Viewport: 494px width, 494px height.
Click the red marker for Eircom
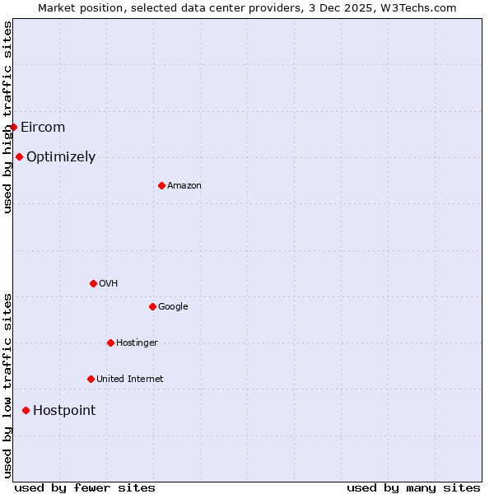(x=13, y=127)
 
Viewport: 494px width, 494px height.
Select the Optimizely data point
(x=19, y=156)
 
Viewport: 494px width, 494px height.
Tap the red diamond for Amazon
(x=161, y=185)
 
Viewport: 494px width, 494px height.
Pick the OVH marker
(x=93, y=283)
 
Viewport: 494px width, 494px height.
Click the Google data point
(x=152, y=306)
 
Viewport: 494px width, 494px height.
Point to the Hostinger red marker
(x=110, y=343)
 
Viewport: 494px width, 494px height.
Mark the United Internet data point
(x=91, y=379)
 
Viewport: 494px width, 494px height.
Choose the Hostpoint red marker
(x=26, y=410)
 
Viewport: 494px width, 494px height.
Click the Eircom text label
(x=43, y=127)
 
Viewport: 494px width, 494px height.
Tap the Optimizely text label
(x=61, y=156)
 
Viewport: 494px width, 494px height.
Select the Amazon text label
(x=184, y=185)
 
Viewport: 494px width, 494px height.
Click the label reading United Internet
(x=130, y=379)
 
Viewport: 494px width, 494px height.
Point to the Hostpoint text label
(x=64, y=410)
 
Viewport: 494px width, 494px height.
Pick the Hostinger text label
(x=137, y=343)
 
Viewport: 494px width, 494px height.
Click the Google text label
(x=173, y=306)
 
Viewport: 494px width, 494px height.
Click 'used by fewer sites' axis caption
(x=85, y=487)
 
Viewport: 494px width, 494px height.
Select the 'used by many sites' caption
(x=413, y=487)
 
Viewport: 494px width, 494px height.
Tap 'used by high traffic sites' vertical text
(x=7, y=117)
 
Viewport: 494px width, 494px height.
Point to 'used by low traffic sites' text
(x=7, y=384)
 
